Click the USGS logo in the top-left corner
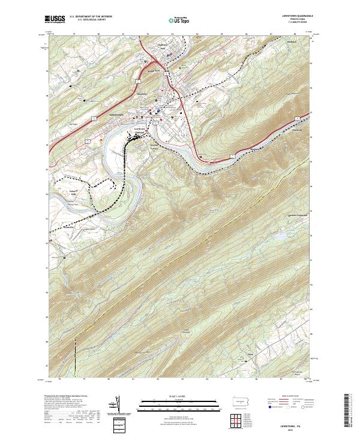55,19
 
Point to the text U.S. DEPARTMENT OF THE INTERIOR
91,17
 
